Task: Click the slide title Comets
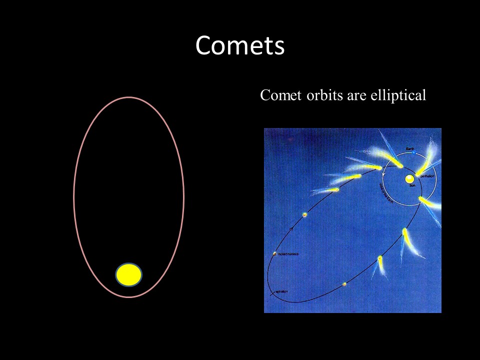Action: click(x=240, y=45)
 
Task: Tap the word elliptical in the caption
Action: click(x=398, y=95)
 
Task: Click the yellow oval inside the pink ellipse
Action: click(x=129, y=274)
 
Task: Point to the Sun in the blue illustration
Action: click(x=409, y=178)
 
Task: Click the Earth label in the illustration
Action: click(x=409, y=148)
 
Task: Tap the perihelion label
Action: click(x=428, y=176)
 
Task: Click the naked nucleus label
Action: click(x=288, y=254)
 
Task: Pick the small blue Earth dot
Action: click(x=413, y=152)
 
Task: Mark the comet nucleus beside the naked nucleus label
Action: click(x=274, y=254)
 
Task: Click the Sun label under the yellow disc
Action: click(x=413, y=185)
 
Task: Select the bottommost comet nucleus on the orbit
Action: click(x=344, y=284)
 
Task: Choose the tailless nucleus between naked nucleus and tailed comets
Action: click(x=304, y=214)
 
